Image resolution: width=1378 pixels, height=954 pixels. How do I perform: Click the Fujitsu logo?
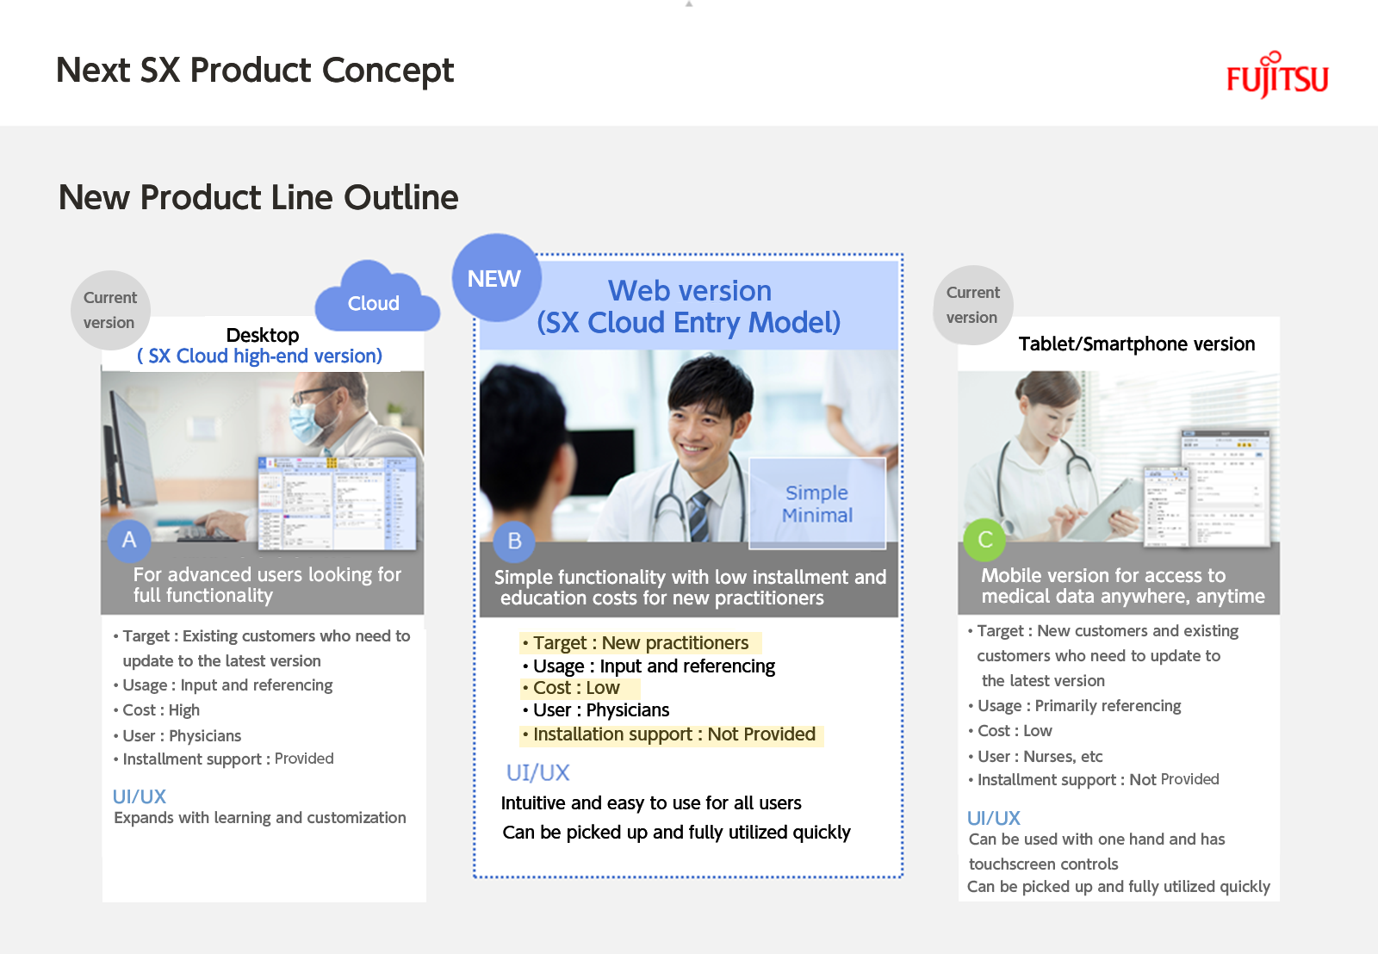tap(1277, 75)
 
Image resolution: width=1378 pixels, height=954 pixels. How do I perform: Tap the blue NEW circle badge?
tap(496, 277)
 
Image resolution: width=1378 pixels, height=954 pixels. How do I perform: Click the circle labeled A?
tap(129, 541)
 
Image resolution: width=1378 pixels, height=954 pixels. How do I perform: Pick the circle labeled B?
tap(514, 542)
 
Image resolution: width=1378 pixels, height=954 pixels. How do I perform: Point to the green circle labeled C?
tap(984, 540)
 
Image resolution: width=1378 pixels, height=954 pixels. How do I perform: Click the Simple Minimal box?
tap(817, 503)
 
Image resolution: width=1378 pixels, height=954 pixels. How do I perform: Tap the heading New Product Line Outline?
tap(258, 197)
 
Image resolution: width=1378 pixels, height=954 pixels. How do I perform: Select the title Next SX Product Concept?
tap(255, 71)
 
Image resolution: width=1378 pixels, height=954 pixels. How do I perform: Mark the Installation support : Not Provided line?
tap(671, 734)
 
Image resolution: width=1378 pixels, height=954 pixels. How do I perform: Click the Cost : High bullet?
tap(157, 709)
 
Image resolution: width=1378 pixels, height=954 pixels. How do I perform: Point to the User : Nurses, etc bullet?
tap(1035, 756)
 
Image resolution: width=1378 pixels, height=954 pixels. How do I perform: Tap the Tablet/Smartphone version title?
tap(1136, 344)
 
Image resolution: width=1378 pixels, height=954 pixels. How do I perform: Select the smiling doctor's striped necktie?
tap(699, 516)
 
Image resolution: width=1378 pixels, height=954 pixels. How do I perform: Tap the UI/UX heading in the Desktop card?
tap(139, 797)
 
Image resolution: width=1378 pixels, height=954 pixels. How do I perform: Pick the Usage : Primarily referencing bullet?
tap(1075, 706)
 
